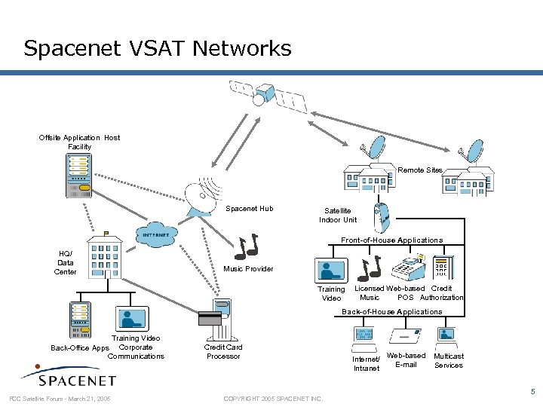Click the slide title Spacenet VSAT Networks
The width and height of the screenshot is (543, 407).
point(157,49)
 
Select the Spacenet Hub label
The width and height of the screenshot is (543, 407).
point(250,209)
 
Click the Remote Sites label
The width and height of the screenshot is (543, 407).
point(420,170)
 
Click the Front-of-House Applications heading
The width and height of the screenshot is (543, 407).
point(391,240)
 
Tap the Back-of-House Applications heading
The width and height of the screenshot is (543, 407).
point(392,311)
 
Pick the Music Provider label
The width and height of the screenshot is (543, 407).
point(248,269)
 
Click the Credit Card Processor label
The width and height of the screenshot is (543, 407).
point(223,351)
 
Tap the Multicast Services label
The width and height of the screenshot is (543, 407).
point(449,360)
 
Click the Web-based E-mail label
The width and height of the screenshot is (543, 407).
point(406,360)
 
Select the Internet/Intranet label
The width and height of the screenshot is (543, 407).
point(367,363)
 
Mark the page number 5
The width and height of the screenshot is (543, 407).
point(532,392)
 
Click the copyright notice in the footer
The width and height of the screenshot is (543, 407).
point(274,398)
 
